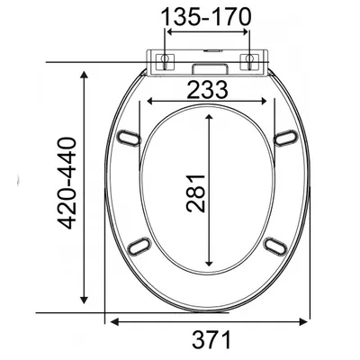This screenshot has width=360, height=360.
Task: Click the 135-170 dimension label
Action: [x=206, y=17]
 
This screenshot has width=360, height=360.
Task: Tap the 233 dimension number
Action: [x=207, y=90]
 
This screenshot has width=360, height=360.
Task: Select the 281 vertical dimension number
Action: [x=195, y=193]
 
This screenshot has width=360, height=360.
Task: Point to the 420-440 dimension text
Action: [x=67, y=183]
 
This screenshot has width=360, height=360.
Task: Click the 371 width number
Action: [x=211, y=339]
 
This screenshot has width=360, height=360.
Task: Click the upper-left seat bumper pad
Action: [x=129, y=138]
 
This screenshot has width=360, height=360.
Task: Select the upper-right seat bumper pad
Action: [x=286, y=138]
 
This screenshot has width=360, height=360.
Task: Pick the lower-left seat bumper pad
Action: [x=139, y=247]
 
